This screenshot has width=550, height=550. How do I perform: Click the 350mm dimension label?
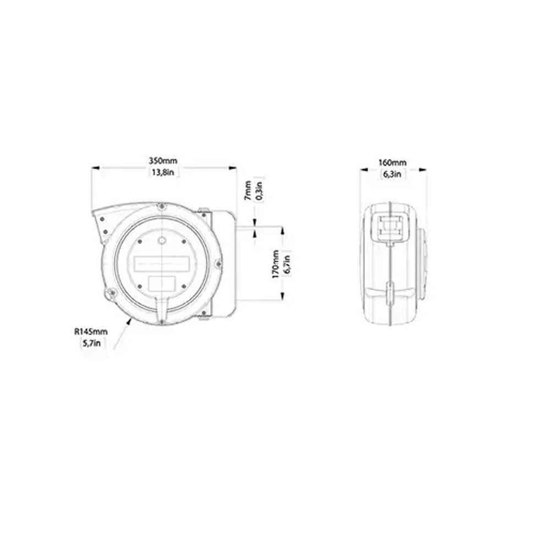tap(163, 161)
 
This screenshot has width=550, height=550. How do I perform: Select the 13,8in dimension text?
tap(163, 172)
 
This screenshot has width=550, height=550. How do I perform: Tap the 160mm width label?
tap(393, 163)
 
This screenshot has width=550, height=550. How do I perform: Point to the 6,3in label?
tap(392, 174)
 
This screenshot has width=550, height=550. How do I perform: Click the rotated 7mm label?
tap(248, 190)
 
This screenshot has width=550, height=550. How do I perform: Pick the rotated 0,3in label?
tap(259, 190)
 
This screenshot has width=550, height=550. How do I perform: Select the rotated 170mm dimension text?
tap(276, 264)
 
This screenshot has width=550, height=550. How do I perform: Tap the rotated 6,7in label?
tap(287, 264)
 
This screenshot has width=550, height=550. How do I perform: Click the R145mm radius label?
tap(91, 332)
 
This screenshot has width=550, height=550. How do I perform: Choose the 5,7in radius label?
tap(91, 343)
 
